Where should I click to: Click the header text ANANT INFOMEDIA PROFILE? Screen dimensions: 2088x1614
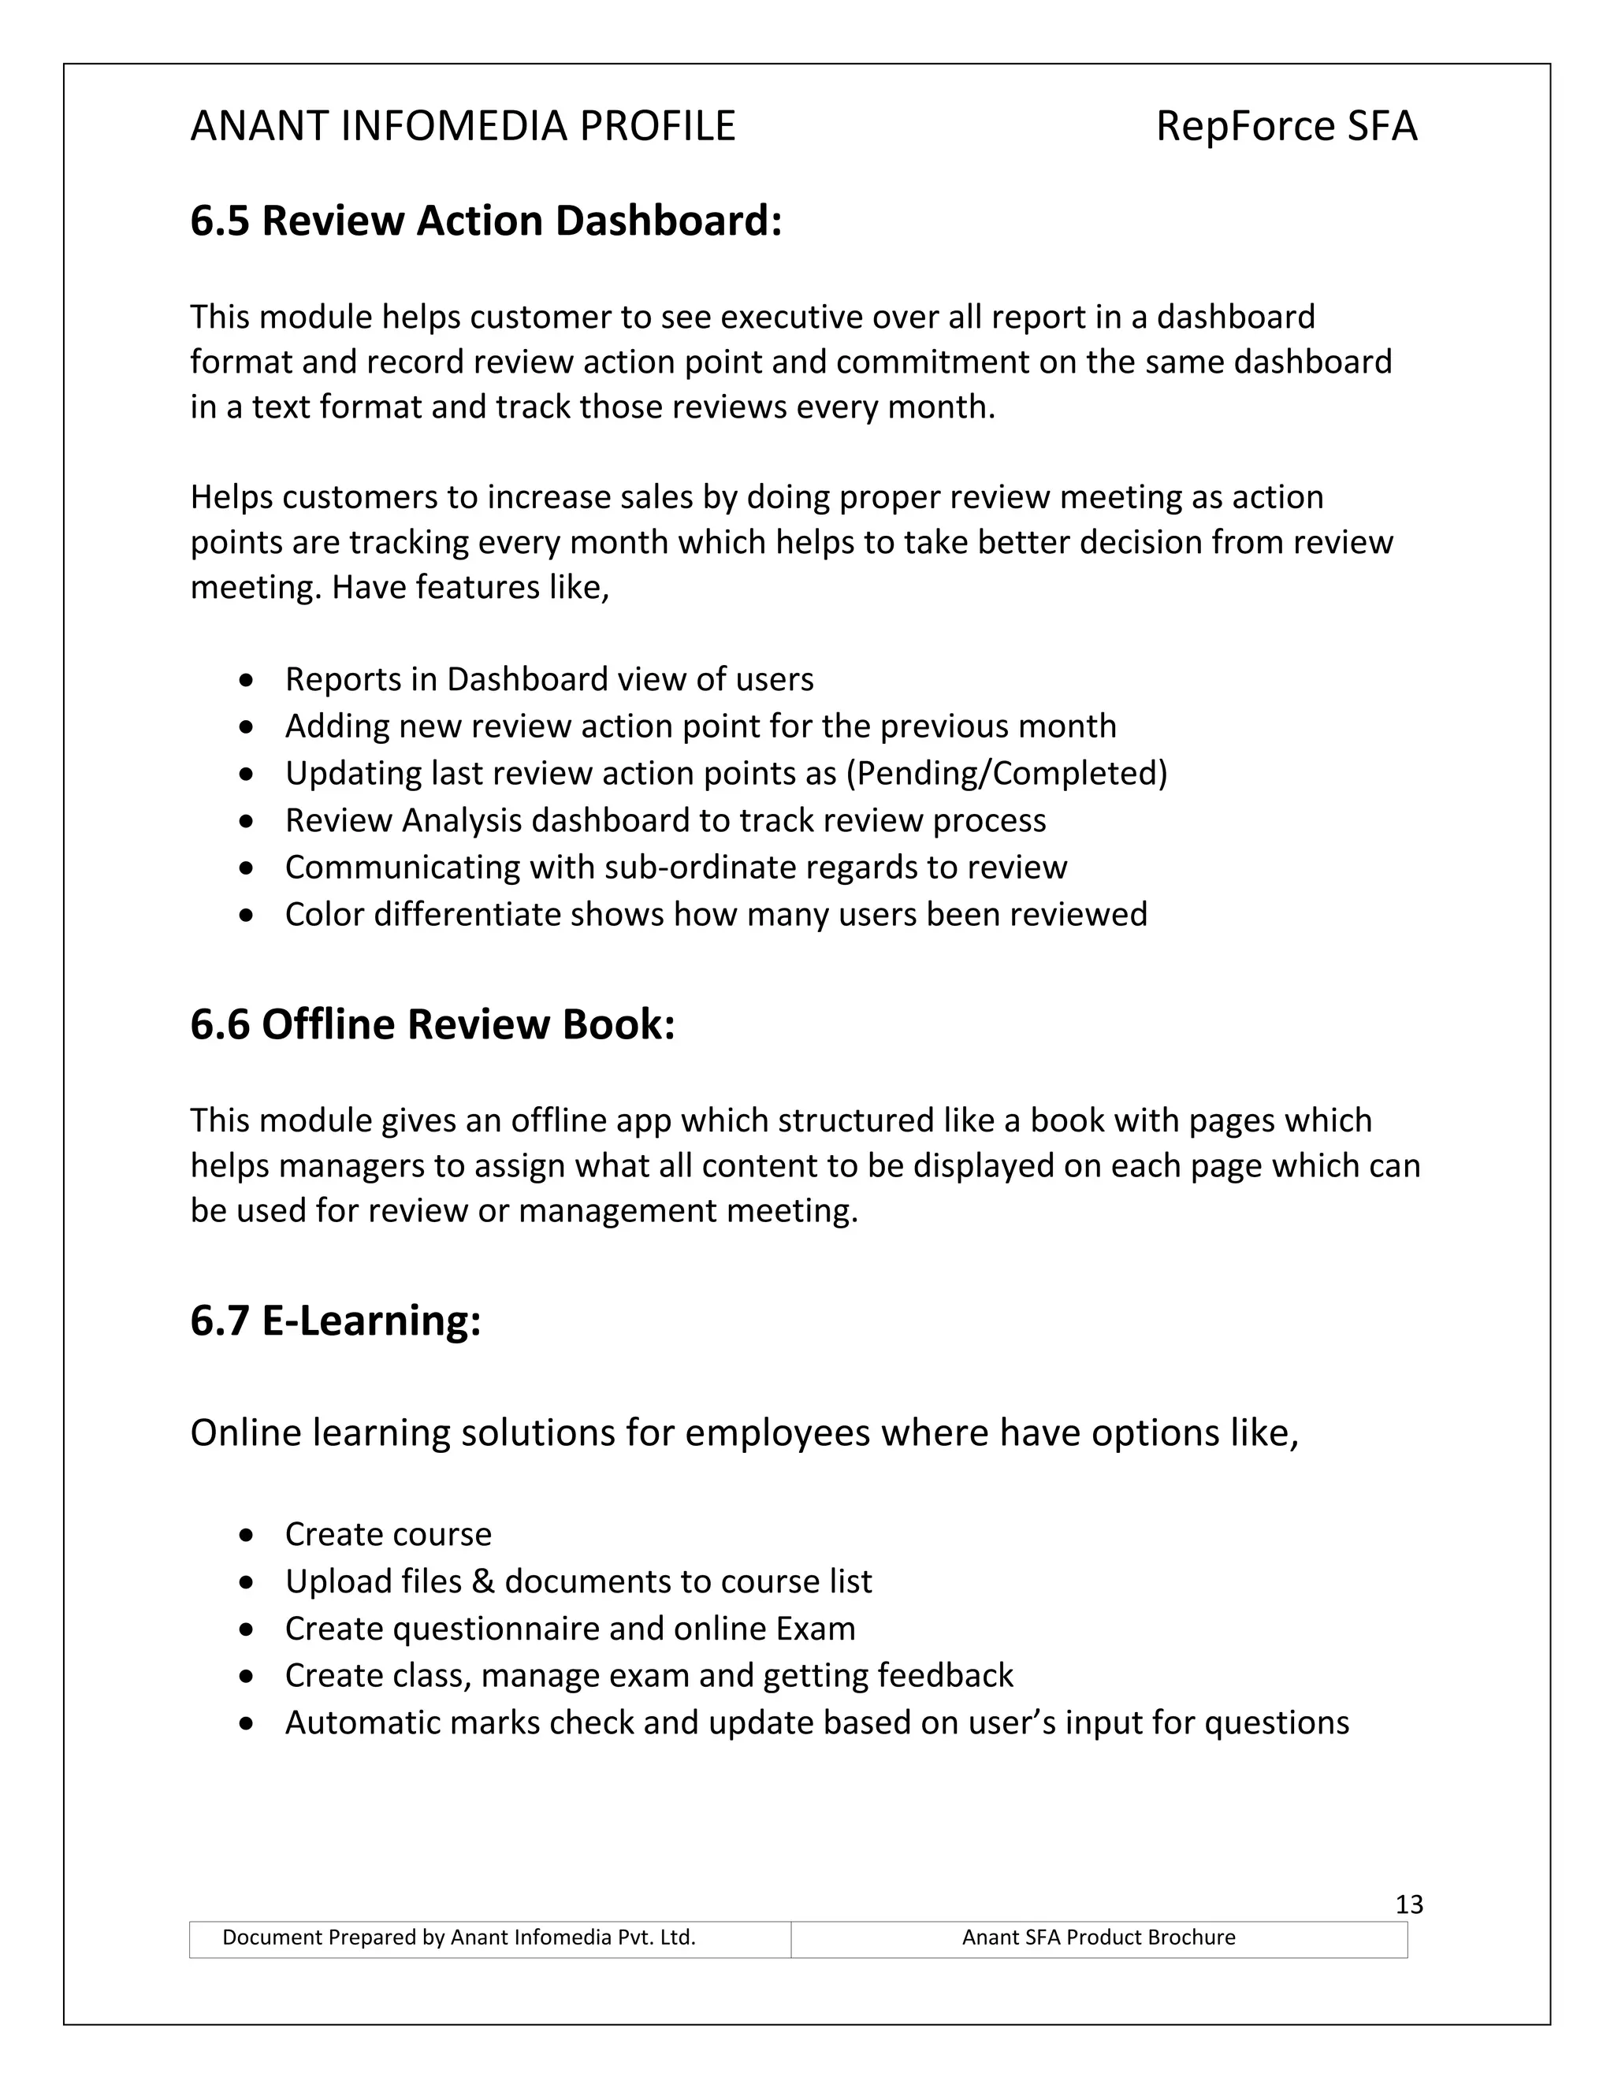click(463, 126)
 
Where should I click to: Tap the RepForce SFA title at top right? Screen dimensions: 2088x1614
click(1285, 126)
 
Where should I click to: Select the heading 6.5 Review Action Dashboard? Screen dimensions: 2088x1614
click(485, 221)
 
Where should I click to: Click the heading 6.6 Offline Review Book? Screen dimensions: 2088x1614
click(432, 1024)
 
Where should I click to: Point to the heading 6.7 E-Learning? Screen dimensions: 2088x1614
click(335, 1321)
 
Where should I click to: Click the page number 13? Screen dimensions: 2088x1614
click(1408, 1904)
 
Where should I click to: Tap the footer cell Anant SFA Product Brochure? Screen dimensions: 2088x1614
click(1098, 1937)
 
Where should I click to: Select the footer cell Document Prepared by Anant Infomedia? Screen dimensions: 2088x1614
click(459, 1937)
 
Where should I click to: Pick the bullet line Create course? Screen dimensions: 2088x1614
click(389, 1534)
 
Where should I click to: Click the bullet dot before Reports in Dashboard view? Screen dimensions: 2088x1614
click(247, 681)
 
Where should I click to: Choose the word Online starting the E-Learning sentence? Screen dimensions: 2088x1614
click(246, 1433)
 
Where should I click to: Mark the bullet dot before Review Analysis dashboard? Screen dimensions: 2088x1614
click(247, 821)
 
